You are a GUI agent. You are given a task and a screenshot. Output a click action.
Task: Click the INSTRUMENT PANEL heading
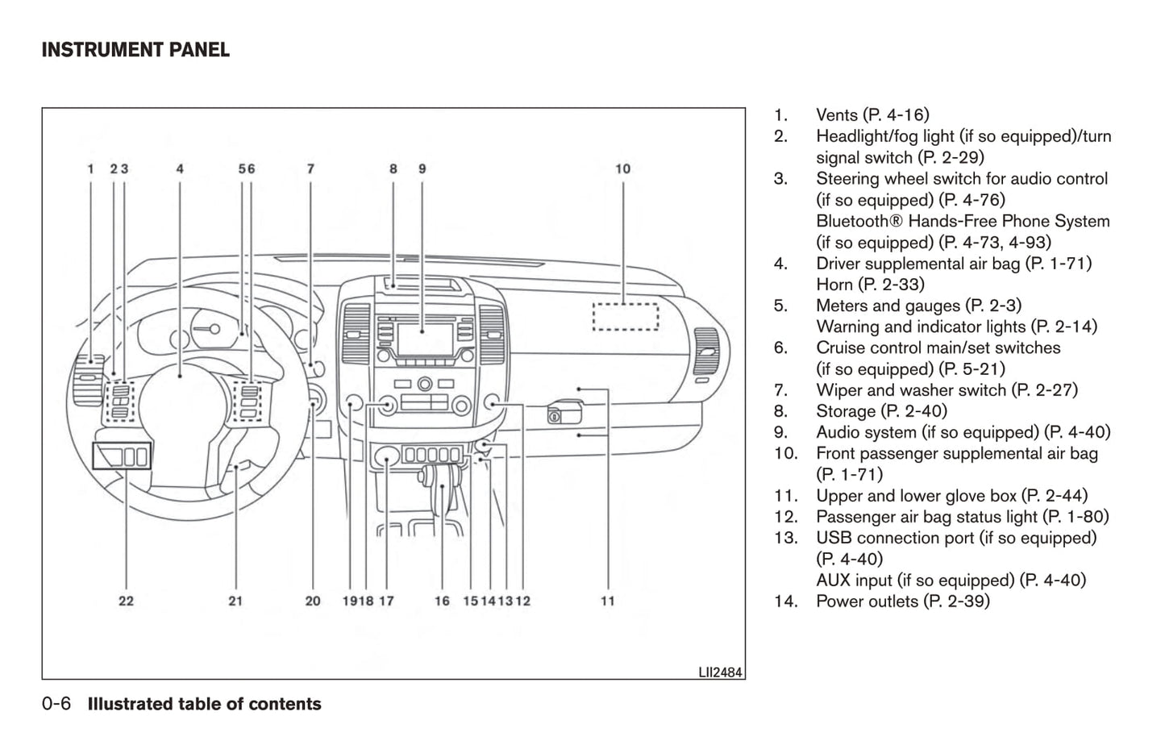click(135, 50)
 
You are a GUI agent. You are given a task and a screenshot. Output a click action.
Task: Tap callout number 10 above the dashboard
click(622, 169)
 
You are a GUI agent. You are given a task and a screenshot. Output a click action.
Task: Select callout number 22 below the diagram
click(126, 601)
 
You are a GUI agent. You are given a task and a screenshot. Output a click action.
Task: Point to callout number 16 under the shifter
click(442, 601)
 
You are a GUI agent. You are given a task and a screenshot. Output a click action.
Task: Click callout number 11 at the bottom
click(608, 601)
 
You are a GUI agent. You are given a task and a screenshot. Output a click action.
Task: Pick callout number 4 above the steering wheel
click(180, 169)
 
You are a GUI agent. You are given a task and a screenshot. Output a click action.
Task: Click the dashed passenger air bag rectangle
click(626, 315)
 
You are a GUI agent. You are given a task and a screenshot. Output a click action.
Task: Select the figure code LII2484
click(720, 672)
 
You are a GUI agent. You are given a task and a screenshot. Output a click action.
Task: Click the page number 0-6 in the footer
click(56, 704)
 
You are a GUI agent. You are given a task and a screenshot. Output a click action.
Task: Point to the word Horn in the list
click(834, 285)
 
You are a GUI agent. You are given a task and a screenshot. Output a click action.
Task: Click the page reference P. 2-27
click(1045, 390)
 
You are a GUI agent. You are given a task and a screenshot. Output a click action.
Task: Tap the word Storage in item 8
click(845, 411)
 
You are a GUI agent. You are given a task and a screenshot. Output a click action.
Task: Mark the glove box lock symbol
click(555, 416)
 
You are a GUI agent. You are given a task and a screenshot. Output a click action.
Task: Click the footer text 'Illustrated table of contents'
click(204, 704)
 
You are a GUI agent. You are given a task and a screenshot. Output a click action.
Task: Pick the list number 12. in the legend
click(785, 517)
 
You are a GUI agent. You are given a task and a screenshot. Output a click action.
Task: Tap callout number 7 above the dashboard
click(310, 169)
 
